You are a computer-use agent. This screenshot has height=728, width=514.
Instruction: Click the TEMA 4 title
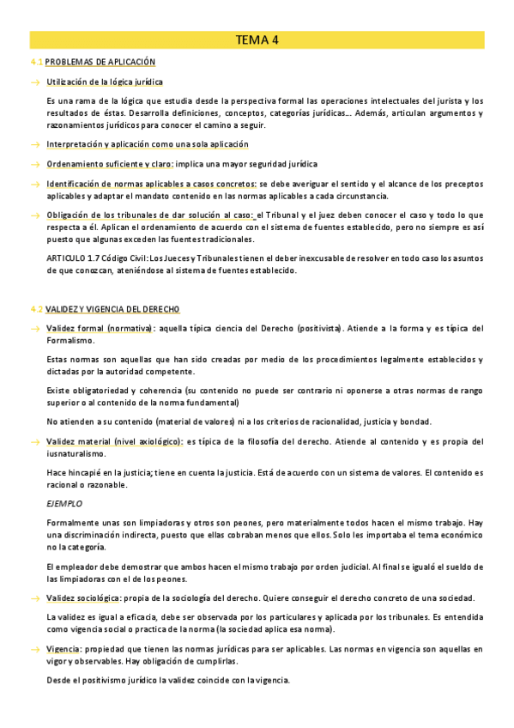[257, 39]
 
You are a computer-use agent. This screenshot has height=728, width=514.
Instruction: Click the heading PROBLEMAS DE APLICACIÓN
[100, 63]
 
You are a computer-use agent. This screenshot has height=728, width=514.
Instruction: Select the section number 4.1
[36, 63]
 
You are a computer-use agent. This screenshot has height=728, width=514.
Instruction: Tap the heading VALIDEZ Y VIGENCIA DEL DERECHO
[112, 309]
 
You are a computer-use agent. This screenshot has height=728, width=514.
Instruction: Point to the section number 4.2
[36, 309]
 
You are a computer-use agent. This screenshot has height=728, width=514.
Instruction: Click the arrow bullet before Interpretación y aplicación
[35, 144]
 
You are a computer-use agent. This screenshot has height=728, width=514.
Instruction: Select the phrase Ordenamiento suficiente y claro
[110, 164]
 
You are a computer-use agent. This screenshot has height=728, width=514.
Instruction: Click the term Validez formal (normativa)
[100, 329]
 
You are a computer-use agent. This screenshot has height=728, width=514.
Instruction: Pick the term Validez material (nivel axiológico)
[114, 441]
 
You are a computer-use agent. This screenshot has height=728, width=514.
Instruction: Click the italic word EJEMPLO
[65, 504]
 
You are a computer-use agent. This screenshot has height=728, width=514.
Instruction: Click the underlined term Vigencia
[65, 648]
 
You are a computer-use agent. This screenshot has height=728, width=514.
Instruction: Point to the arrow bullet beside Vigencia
[35, 649]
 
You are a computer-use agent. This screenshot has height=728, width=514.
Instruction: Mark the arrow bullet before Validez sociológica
[35, 598]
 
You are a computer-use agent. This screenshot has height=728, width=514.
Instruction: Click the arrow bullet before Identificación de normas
[35, 184]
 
